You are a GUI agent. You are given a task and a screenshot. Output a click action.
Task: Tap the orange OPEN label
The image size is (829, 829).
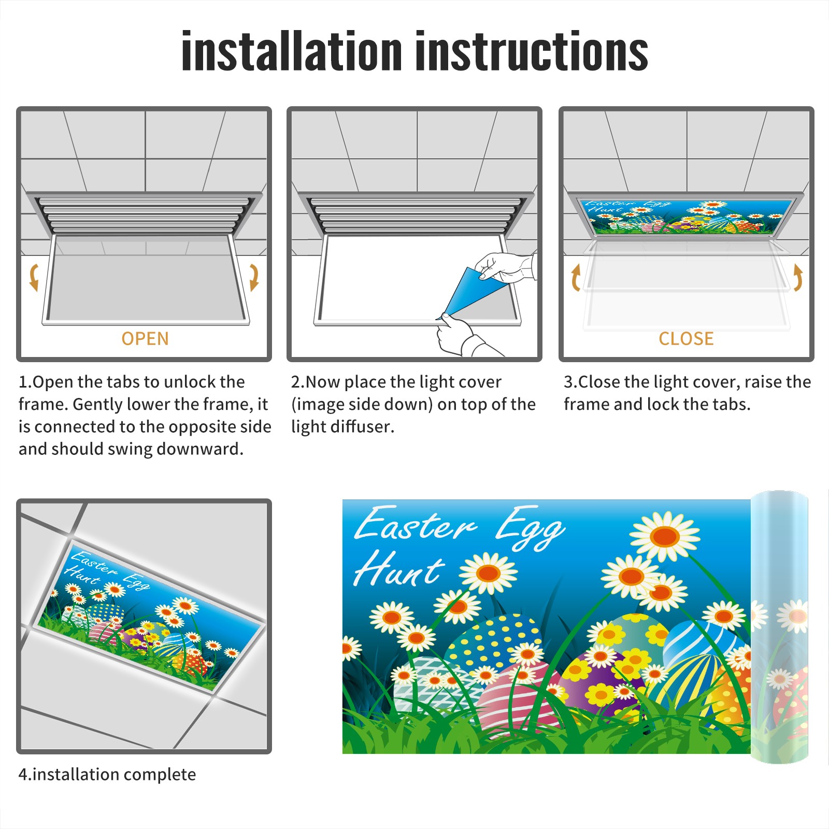[145, 339]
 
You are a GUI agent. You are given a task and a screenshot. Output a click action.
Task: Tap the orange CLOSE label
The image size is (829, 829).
[686, 339]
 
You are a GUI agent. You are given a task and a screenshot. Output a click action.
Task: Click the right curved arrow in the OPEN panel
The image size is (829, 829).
[254, 277]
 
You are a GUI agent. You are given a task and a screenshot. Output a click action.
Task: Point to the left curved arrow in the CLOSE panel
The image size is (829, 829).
[576, 277]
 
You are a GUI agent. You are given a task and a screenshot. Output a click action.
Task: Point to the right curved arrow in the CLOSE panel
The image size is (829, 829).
[798, 277]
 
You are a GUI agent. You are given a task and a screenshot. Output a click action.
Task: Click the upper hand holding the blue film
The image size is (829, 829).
[505, 267]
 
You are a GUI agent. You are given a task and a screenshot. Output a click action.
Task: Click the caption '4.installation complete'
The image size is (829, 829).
[107, 775]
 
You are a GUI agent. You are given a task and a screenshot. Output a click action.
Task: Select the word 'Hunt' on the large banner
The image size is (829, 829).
[399, 568]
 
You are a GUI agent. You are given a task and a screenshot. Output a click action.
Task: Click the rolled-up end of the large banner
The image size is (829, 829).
[779, 627]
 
